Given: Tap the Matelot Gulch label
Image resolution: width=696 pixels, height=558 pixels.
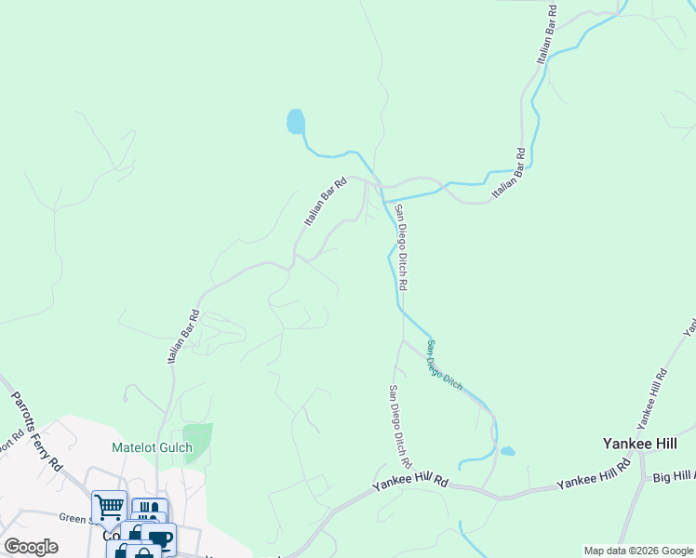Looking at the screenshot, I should [x=152, y=447].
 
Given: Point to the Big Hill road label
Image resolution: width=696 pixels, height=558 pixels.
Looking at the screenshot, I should [x=673, y=477].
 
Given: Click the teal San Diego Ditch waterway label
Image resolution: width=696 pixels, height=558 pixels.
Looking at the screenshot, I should [x=445, y=364].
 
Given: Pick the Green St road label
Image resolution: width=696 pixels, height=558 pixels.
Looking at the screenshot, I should [x=74, y=519].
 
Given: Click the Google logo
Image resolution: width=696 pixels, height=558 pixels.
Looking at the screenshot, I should [x=31, y=547].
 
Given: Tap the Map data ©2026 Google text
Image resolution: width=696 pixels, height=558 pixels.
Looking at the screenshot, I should [x=637, y=551].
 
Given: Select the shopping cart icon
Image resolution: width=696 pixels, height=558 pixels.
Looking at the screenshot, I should [x=109, y=507].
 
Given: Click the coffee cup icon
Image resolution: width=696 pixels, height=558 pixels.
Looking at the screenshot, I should [x=160, y=538].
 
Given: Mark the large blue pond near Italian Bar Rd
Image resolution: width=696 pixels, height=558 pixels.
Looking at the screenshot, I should [x=295, y=122].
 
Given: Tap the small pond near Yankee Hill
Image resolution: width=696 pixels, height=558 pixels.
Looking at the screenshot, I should [x=507, y=452].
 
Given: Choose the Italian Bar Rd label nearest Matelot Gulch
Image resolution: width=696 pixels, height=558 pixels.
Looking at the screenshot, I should [x=184, y=337].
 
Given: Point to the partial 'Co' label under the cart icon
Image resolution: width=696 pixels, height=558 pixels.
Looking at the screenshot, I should [x=111, y=537].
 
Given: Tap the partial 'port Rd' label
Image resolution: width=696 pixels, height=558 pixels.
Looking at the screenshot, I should [x=10, y=443].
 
